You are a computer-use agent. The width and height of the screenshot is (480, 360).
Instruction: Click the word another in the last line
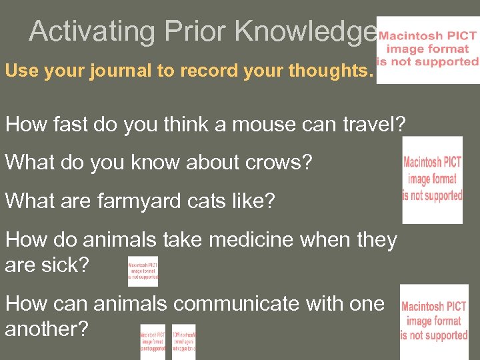[46, 329]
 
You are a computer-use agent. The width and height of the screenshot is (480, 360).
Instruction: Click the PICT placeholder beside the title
[427, 49]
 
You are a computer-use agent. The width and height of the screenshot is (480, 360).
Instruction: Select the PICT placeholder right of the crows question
[432, 179]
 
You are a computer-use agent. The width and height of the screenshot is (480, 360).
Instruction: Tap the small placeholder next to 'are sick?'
[143, 271]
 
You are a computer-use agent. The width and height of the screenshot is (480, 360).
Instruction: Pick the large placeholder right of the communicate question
[433, 321]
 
